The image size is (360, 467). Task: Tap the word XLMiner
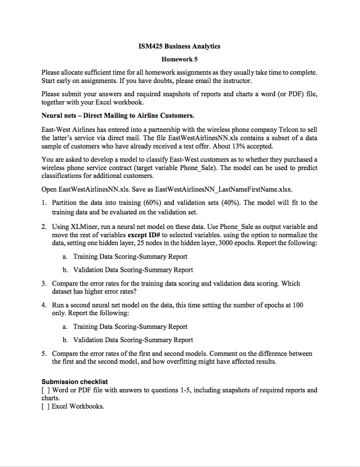(x=84, y=227)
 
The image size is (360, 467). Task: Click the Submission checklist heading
(x=75, y=381)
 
